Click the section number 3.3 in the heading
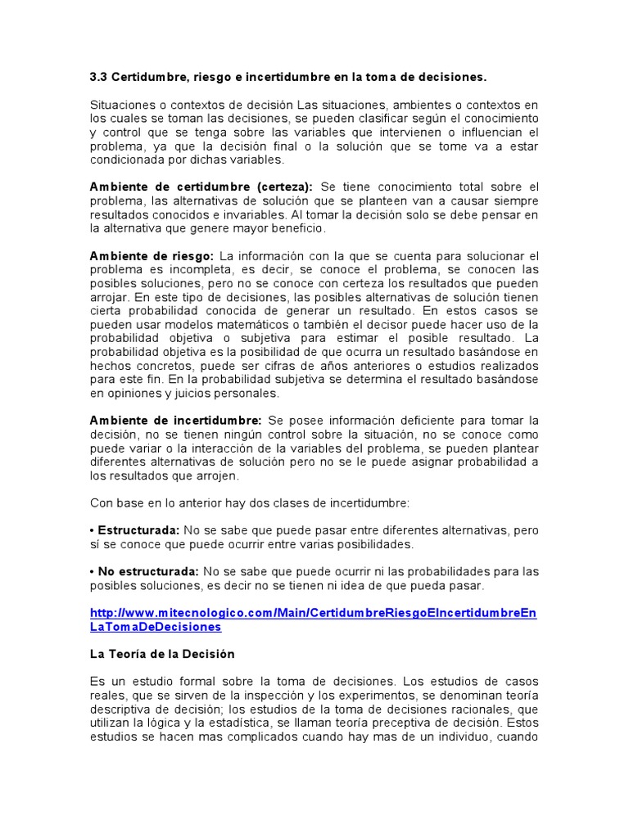tap(98, 78)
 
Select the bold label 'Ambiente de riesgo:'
tap(152, 256)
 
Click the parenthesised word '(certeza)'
tap(284, 187)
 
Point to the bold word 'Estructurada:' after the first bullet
tap(138, 530)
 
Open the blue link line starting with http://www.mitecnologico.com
tap(313, 612)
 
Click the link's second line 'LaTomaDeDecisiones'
tap(156, 626)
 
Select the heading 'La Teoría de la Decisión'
tap(162, 654)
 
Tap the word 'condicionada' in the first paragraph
tap(128, 159)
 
